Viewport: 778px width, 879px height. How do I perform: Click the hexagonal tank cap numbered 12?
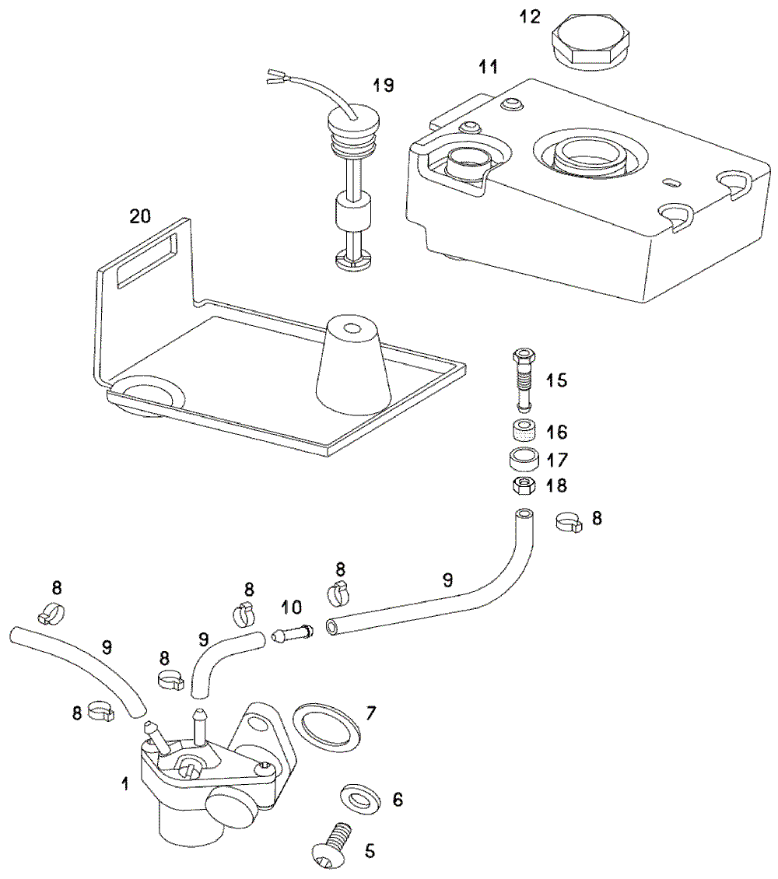[591, 44]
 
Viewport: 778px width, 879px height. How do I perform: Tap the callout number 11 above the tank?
[489, 67]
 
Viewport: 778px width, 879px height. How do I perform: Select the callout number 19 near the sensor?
[384, 86]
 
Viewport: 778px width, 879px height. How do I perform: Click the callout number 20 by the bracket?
[140, 215]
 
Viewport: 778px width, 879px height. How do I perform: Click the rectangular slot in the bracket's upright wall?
[147, 260]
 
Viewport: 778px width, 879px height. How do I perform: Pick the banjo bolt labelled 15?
[524, 380]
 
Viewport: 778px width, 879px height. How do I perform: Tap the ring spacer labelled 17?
[524, 459]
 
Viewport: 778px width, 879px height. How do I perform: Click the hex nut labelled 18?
[524, 485]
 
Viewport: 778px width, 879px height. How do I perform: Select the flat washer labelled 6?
[360, 797]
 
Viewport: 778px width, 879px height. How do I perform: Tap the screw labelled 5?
[332, 845]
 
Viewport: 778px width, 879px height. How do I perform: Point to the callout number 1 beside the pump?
[125, 783]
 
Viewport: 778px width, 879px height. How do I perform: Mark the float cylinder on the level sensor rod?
[353, 213]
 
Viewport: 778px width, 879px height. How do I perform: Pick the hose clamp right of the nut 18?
[569, 523]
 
